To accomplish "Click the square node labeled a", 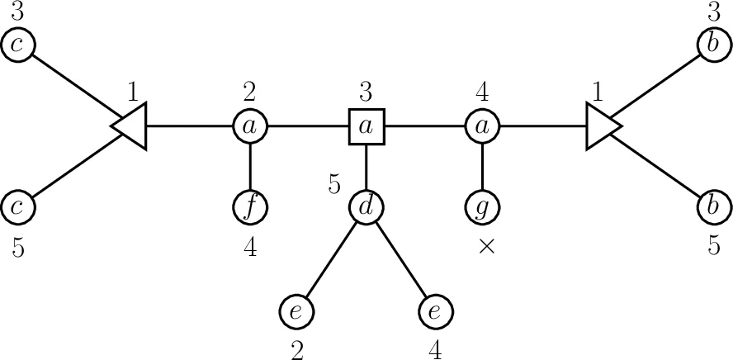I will pos(366,126).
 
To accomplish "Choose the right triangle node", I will pos(601,126).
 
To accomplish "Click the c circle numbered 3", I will pos(17,45).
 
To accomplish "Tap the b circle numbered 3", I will pos(713,45).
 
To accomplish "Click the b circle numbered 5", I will pos(713,205).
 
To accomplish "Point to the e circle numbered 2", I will pos(297,312).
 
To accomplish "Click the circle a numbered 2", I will pos(249,126).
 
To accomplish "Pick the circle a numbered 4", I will pos(481,126).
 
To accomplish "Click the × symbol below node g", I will pos(486,247).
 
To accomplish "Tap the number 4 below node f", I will pos(249,247).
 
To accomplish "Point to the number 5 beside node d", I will pos(333,184).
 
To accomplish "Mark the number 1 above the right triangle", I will pos(598,90).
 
